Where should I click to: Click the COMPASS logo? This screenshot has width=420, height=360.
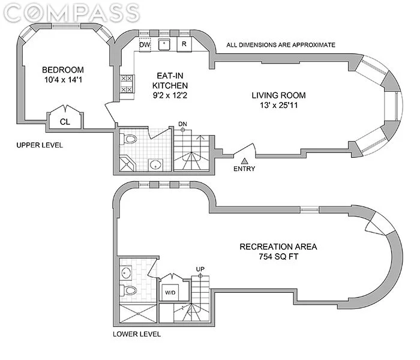pyautogui.click(x=71, y=13)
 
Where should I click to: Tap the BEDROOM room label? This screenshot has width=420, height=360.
pyautogui.click(x=63, y=70)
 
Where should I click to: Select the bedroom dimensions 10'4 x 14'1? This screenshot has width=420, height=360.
pyautogui.click(x=63, y=80)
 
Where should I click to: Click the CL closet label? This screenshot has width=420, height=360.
pyautogui.click(x=65, y=122)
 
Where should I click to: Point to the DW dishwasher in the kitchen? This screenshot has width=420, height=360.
pyautogui.click(x=145, y=44)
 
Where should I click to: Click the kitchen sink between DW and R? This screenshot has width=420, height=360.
pyautogui.click(x=164, y=44)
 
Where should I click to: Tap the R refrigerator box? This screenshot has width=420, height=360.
pyautogui.click(x=184, y=44)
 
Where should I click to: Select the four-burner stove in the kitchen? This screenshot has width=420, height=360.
pyautogui.click(x=127, y=84)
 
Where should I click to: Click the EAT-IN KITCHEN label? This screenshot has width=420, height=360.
pyautogui.click(x=170, y=80)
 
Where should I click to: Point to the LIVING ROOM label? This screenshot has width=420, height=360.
pyautogui.click(x=278, y=95)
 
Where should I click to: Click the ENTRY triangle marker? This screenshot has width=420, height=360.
pyautogui.click(x=244, y=161)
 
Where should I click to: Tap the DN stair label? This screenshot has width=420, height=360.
pyautogui.click(x=182, y=124)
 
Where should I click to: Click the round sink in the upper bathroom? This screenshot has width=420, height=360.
pyautogui.click(x=155, y=164)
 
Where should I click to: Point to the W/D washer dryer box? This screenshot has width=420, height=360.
pyautogui.click(x=170, y=293)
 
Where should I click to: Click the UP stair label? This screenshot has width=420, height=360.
pyautogui.click(x=200, y=269)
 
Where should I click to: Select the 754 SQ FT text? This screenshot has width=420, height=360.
pyautogui.click(x=278, y=257)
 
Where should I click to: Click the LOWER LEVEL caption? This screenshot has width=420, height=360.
pyautogui.click(x=137, y=334)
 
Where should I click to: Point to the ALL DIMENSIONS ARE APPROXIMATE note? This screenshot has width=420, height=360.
pyautogui.click(x=281, y=45)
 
